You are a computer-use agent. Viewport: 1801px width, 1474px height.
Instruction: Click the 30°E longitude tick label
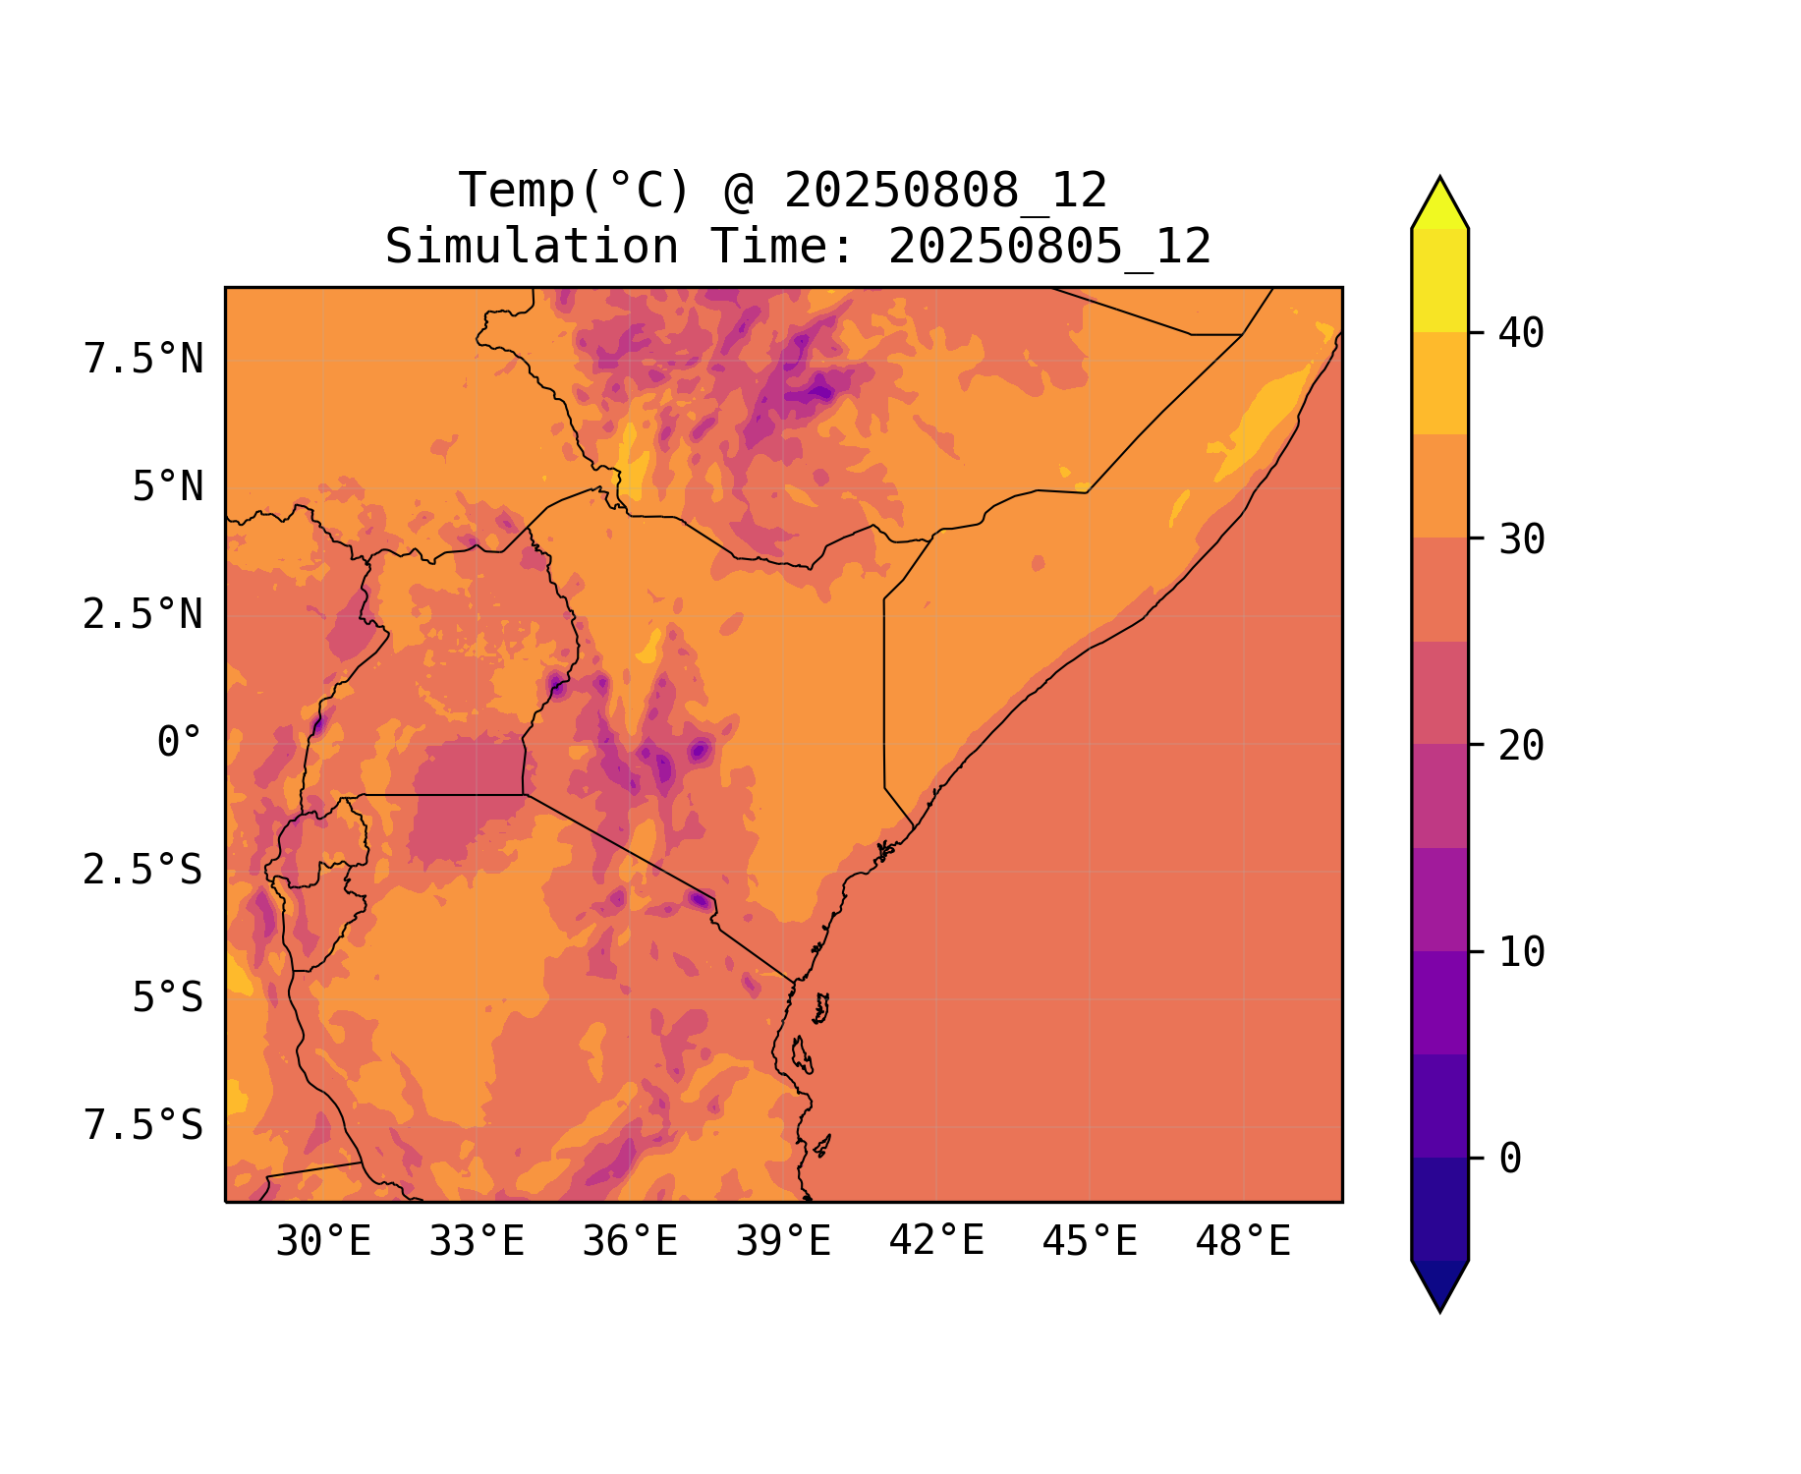coord(323,1242)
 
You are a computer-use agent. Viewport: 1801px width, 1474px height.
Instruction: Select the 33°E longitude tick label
coord(477,1242)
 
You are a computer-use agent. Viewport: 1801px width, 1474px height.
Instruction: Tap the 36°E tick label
coord(630,1242)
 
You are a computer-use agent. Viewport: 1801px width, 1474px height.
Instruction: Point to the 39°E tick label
coord(783,1242)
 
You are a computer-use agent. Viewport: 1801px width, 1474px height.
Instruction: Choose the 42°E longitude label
coord(936,1241)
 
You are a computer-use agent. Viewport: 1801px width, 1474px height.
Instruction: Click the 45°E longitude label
coord(1090,1242)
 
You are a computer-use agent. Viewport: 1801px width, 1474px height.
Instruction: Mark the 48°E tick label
coord(1243,1242)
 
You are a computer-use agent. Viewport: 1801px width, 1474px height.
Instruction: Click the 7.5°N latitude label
coord(143,360)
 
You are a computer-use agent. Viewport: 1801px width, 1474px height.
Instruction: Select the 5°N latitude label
coord(168,487)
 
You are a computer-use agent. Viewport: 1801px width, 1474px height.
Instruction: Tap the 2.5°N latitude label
coord(143,615)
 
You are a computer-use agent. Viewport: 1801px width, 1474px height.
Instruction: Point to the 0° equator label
coord(180,743)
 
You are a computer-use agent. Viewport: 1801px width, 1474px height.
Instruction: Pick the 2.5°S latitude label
coord(143,871)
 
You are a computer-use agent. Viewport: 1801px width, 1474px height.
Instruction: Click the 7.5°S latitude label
coord(143,1126)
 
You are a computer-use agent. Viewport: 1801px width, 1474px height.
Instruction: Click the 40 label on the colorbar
coord(1521,334)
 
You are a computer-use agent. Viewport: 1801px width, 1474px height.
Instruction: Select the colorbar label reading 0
coord(1510,1160)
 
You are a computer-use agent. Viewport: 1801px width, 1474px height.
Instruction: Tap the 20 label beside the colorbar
coord(1521,747)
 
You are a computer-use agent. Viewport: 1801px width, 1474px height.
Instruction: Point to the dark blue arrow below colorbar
coord(1439,1283)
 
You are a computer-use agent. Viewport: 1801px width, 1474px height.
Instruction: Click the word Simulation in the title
coord(532,247)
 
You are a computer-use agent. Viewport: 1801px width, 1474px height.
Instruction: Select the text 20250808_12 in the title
coord(945,191)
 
